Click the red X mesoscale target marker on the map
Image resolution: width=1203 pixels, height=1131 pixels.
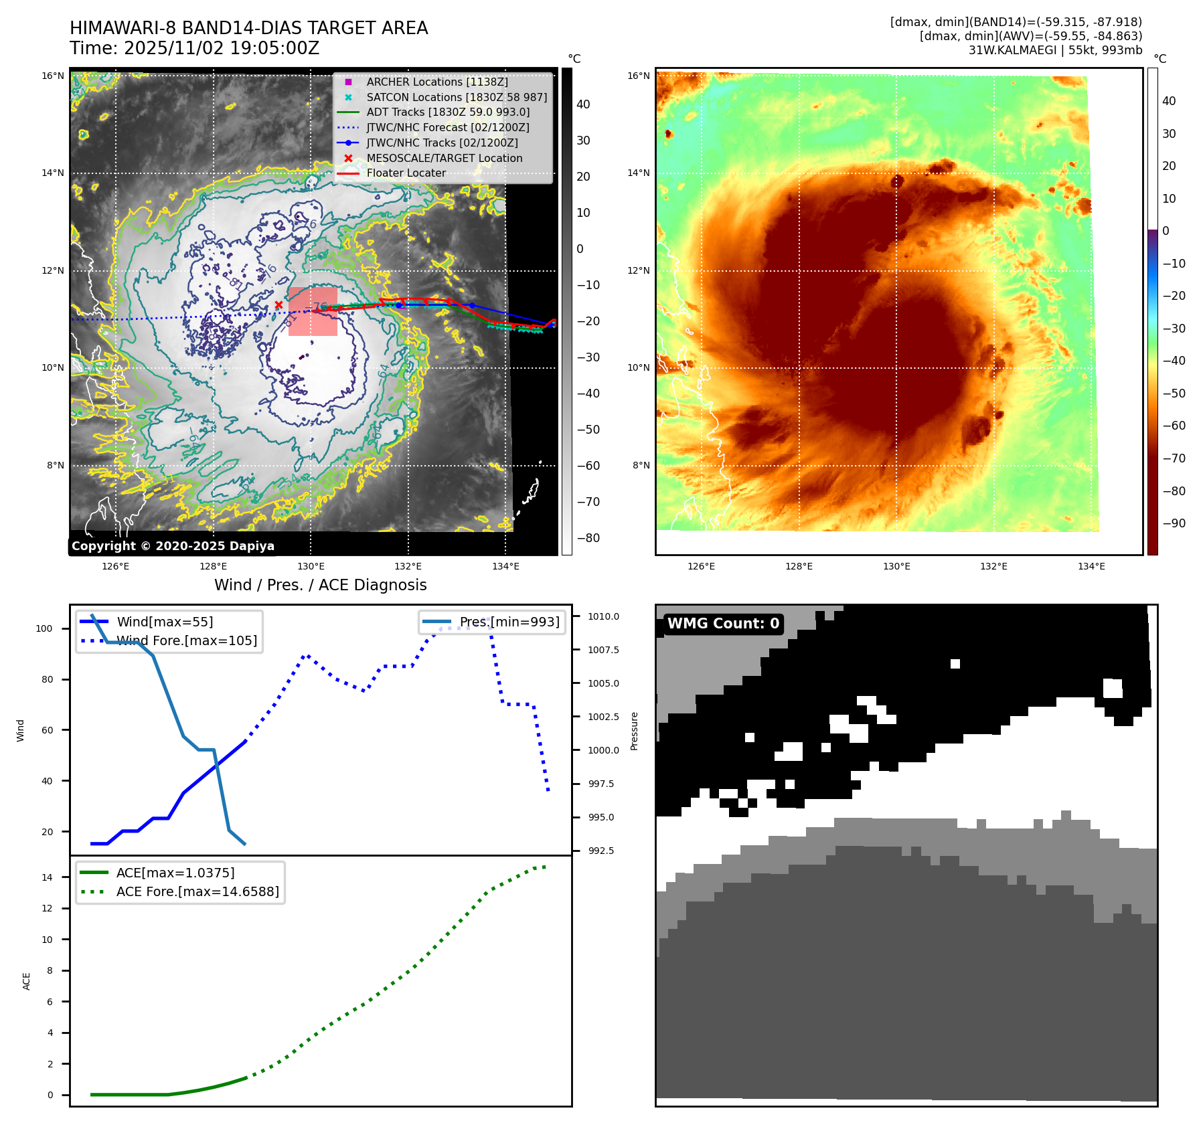pyautogui.click(x=278, y=305)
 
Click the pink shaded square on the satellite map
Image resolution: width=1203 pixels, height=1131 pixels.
pyautogui.click(x=313, y=312)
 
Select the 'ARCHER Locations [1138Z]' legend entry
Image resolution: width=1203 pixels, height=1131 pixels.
pyautogui.click(x=436, y=82)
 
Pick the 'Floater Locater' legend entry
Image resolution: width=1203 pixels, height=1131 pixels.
pyautogui.click(x=406, y=173)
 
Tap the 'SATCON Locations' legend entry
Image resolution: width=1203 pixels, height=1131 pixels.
pyautogui.click(x=457, y=97)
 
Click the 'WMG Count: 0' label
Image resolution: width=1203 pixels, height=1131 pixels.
pyautogui.click(x=723, y=624)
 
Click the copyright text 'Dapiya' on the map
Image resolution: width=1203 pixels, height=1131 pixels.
pyautogui.click(x=250, y=546)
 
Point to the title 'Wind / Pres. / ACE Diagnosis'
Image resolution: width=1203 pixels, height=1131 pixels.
pyautogui.click(x=320, y=585)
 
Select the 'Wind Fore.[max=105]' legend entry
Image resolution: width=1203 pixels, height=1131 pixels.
pyautogui.click(x=186, y=640)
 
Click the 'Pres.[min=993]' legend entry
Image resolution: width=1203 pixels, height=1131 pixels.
pyautogui.click(x=509, y=622)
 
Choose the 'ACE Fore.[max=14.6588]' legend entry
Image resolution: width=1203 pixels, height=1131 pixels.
pyautogui.click(x=197, y=891)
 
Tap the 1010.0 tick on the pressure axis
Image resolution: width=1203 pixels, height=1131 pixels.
pyautogui.click(x=603, y=616)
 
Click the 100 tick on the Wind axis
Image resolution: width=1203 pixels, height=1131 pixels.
pyautogui.click(x=44, y=628)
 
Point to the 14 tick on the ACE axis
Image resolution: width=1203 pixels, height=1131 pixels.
pyautogui.click(x=47, y=877)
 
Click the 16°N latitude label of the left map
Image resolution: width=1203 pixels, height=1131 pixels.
pyautogui.click(x=53, y=76)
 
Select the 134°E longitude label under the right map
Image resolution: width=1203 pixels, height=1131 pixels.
pyautogui.click(x=1091, y=566)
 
